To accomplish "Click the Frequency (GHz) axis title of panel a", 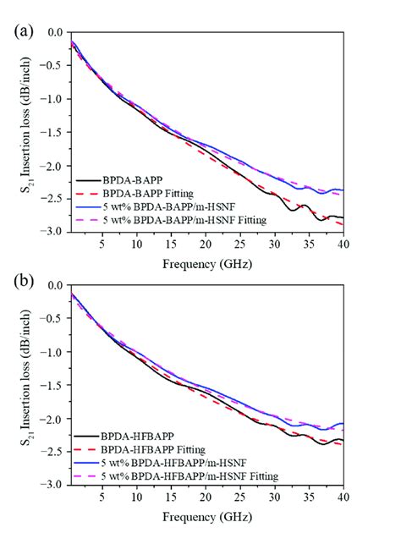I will point(206,262).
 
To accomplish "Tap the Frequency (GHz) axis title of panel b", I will point(206,515).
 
